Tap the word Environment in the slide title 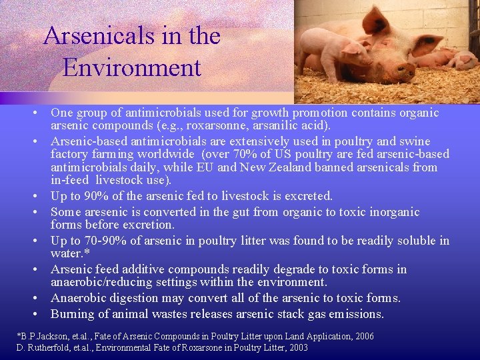pos(132,67)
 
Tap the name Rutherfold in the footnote pos(47,347)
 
